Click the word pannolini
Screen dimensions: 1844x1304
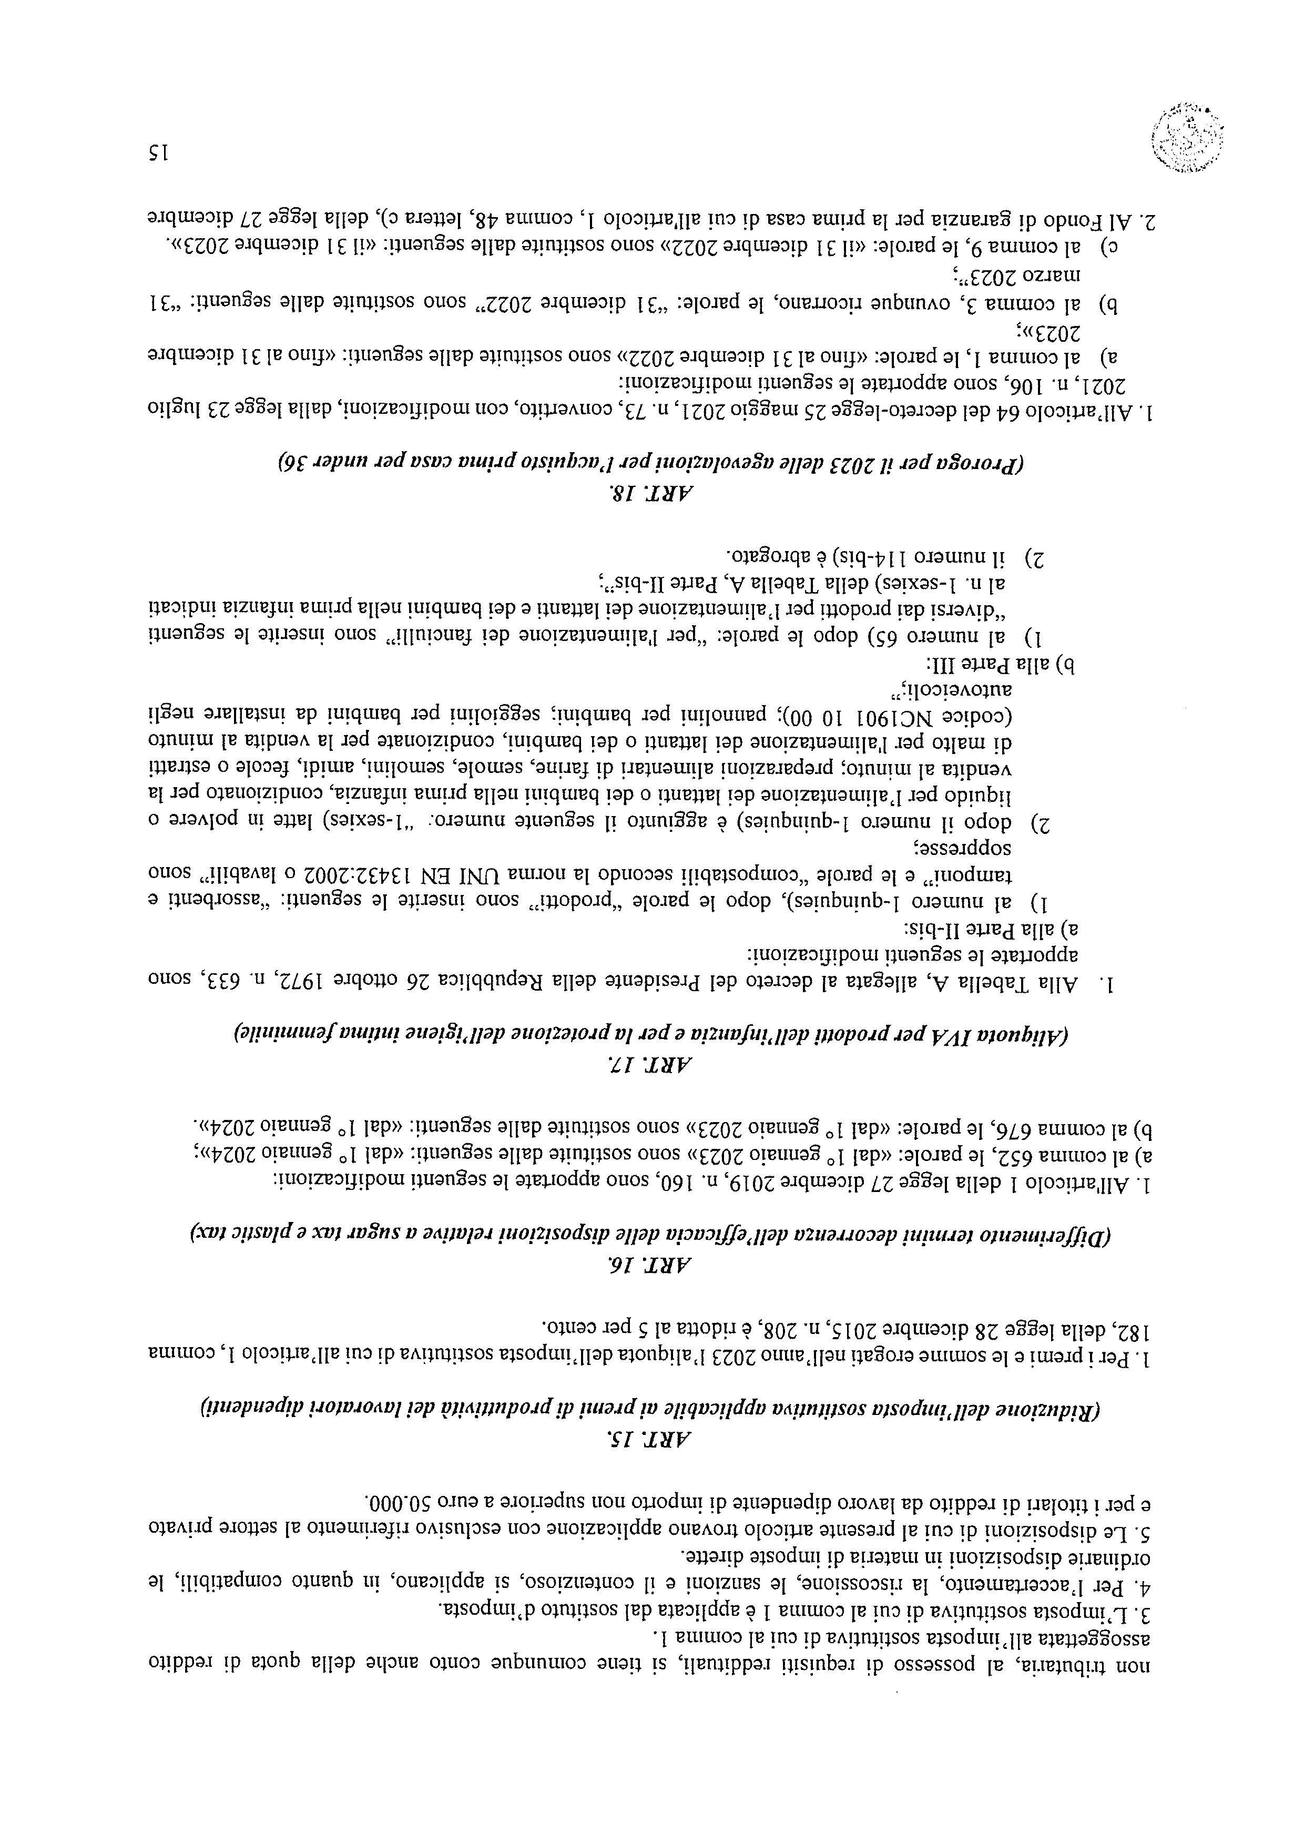pyautogui.click(x=685, y=713)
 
